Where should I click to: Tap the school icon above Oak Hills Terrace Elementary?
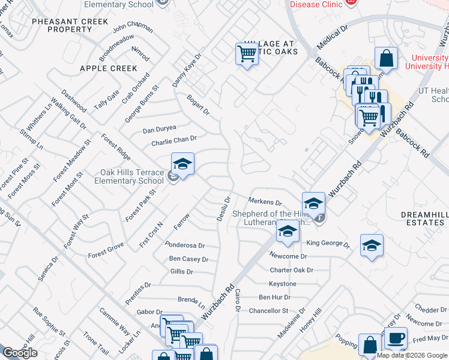pos(182,164)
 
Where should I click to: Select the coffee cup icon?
pos(396,338)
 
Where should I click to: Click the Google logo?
pos(20,353)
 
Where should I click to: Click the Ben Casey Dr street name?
pos(188,259)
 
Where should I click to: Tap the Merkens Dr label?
pos(265,202)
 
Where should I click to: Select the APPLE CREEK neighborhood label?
pos(109,68)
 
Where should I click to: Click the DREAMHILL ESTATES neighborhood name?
pos(423,218)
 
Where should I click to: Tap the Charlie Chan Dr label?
pos(174,140)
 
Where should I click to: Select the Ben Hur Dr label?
pos(274,297)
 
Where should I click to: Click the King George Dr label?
pos(328,244)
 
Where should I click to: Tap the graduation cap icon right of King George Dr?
pos(372,245)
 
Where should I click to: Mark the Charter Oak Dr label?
pos(291,270)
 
